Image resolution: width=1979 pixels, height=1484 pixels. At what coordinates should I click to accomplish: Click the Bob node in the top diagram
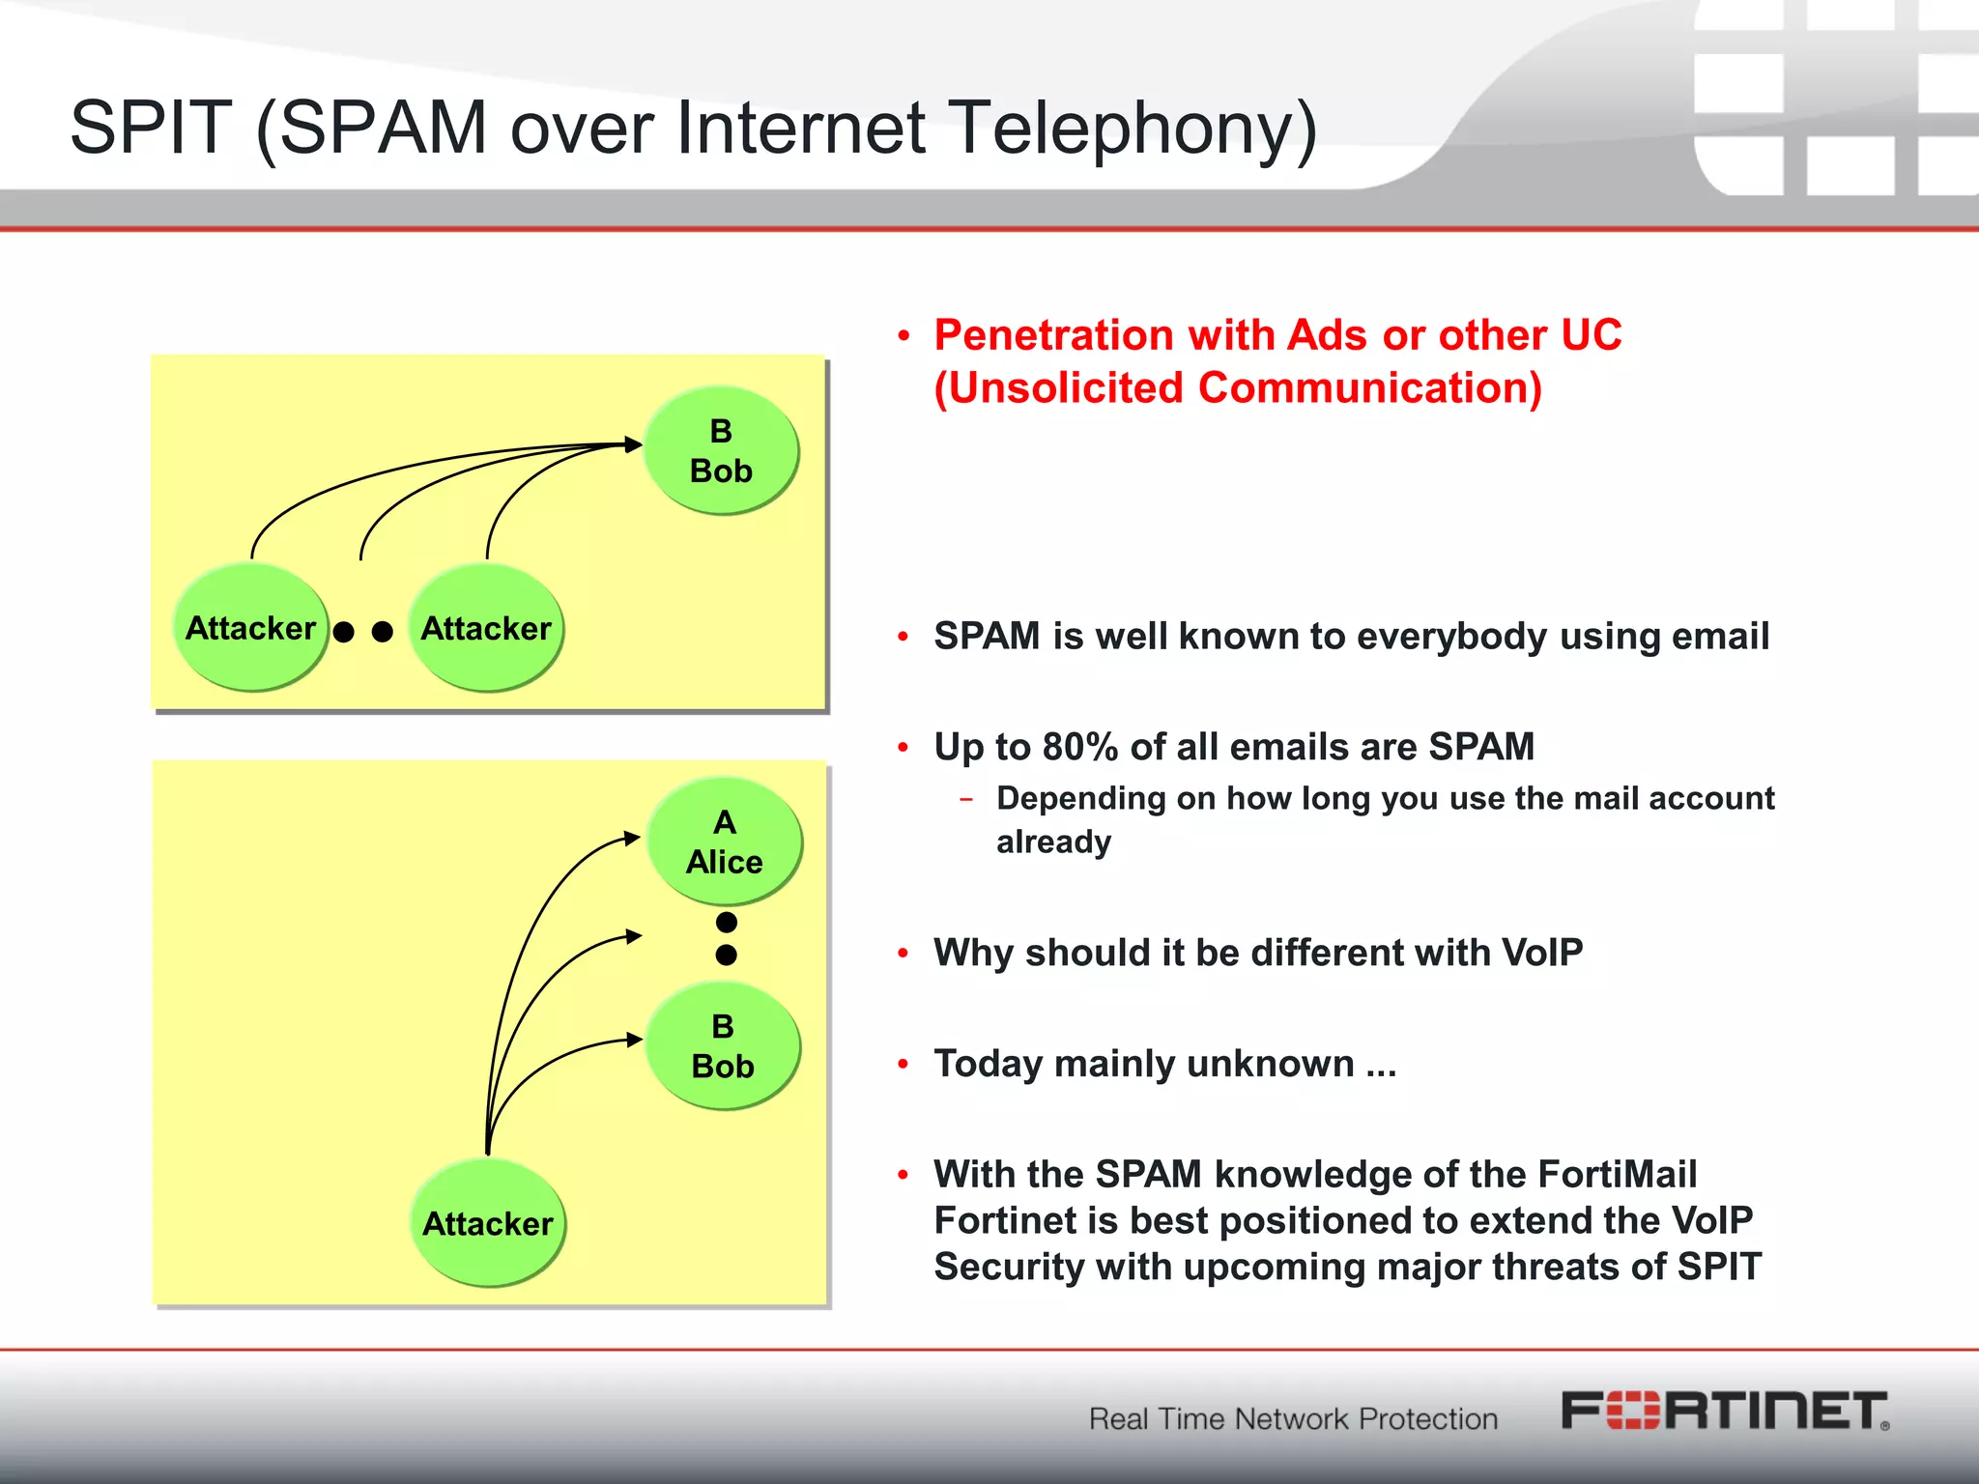721,451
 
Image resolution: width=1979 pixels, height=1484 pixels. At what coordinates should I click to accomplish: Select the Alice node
724,842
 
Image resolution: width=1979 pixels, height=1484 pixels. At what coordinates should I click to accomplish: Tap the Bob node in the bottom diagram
723,1046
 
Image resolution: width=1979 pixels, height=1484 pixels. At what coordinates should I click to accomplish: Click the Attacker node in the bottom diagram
488,1223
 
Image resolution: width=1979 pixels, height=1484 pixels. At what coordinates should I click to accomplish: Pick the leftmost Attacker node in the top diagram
251,628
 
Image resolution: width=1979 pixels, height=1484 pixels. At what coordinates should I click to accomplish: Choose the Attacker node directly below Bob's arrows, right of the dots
486,628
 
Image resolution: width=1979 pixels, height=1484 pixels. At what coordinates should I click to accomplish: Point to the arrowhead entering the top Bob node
634,444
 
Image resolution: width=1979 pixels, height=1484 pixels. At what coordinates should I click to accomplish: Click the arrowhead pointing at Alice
632,838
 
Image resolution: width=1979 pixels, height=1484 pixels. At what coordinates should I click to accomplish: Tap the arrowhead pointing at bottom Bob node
635,1040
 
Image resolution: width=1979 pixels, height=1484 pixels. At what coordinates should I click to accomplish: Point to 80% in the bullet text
1080,747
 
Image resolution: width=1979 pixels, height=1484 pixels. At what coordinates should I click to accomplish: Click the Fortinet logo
1725,1412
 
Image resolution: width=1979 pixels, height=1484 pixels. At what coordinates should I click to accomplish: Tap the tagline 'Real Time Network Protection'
1293,1418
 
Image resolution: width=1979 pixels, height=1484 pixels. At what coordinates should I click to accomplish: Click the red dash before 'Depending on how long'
966,799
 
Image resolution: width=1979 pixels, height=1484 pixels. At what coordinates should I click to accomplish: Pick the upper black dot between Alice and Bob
727,922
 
